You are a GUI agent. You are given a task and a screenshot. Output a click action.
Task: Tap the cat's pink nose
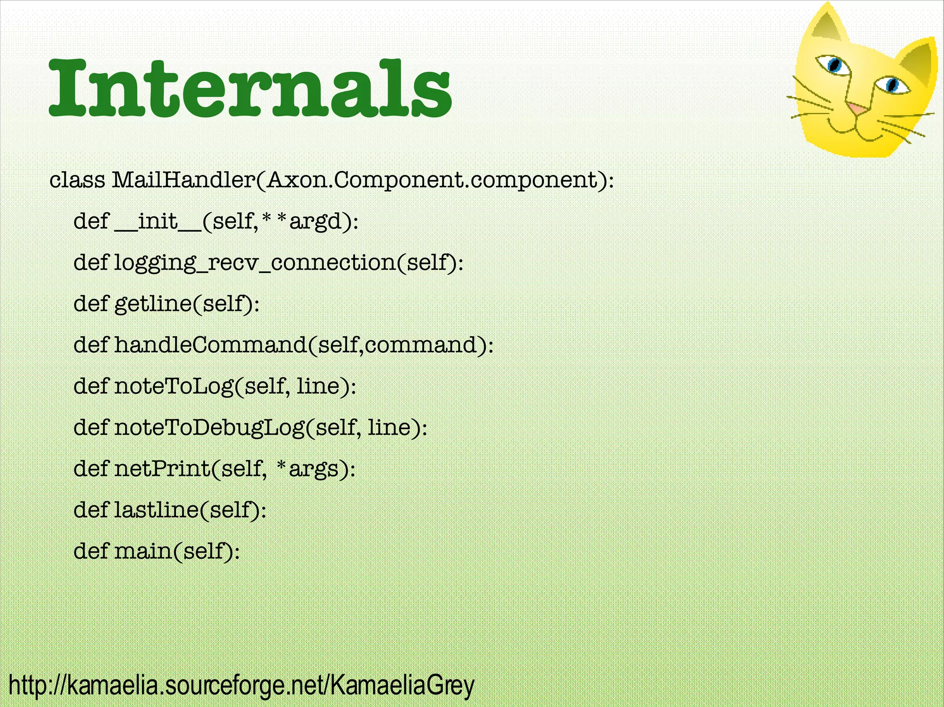click(857, 109)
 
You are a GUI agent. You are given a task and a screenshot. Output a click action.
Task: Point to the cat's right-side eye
click(892, 85)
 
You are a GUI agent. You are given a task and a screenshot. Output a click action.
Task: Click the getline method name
click(153, 304)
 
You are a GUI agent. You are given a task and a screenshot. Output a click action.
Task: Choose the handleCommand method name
click(210, 345)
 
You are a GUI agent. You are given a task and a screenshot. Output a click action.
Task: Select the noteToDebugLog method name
click(210, 427)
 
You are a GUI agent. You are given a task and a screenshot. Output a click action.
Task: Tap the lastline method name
click(156, 509)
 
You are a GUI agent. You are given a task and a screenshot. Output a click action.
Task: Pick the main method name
click(143, 551)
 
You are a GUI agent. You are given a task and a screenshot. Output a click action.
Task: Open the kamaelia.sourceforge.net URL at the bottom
click(241, 686)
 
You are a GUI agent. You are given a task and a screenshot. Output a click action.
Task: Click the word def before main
click(91, 551)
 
